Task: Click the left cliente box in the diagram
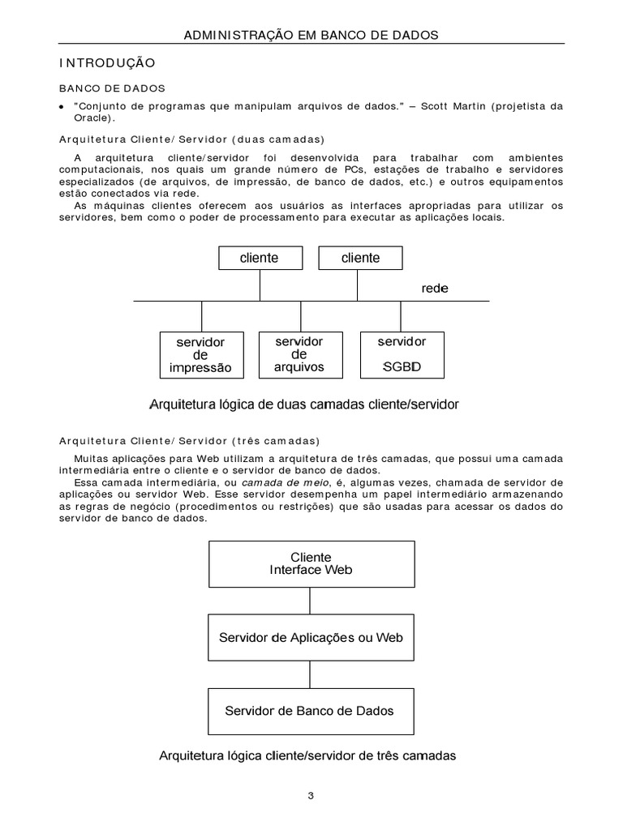coord(260,258)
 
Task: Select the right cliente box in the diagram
coord(360,258)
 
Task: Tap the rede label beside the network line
coord(435,289)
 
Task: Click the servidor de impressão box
coord(200,354)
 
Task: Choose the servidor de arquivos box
coord(299,353)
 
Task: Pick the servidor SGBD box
coord(401,353)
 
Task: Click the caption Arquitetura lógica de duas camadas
coord(304,403)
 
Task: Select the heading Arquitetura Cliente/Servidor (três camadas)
coord(190,441)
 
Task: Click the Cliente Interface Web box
coord(311,563)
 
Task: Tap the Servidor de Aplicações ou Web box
coord(311,637)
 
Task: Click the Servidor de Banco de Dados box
coord(309,711)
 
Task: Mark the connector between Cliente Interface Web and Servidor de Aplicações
coord(310,601)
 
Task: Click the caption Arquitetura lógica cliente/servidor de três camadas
coord(307,755)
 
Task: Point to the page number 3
coord(311,796)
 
